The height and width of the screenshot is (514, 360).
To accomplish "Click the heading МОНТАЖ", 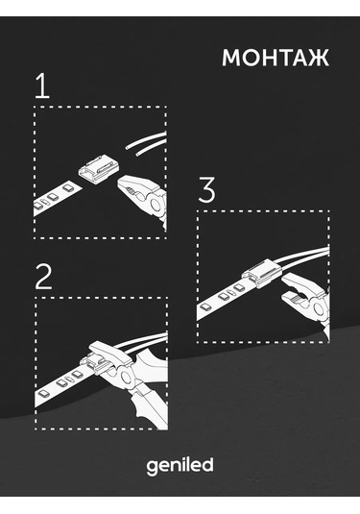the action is pyautogui.click(x=276, y=58).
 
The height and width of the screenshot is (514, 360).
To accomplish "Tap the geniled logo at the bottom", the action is pyautogui.click(x=180, y=466).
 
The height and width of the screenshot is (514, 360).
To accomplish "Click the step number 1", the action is pyautogui.click(x=42, y=86).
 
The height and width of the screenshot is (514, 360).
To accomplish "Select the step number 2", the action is pyautogui.click(x=43, y=277).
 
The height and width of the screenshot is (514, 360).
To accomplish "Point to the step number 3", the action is pyautogui.click(x=206, y=189).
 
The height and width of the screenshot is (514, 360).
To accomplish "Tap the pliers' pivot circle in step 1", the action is pyautogui.click(x=155, y=205).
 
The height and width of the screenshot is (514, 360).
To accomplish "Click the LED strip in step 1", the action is pyautogui.click(x=57, y=197).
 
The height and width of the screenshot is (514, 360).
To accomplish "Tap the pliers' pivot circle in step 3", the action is pyautogui.click(x=319, y=308).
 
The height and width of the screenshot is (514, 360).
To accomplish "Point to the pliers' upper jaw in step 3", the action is pyautogui.click(x=297, y=283).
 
